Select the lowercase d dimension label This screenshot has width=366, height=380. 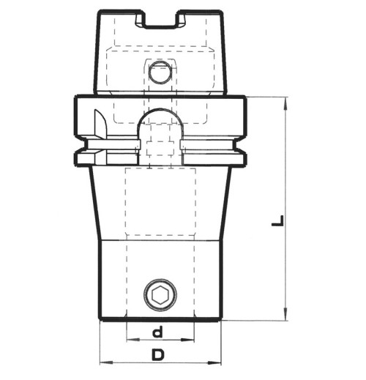[x=157, y=332]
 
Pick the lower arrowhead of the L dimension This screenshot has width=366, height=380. [x=284, y=315]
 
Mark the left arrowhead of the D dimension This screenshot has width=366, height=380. [x=102, y=362]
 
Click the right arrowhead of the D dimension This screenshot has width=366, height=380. [x=217, y=362]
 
